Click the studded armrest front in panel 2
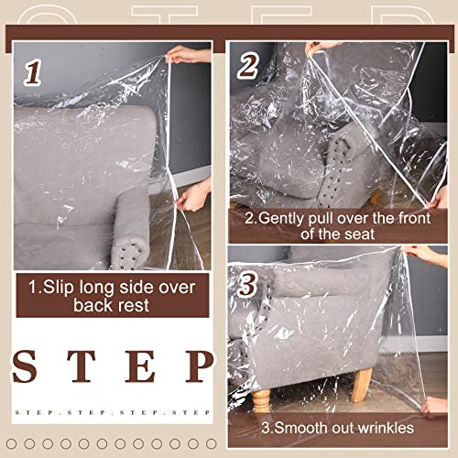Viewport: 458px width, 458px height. tap(339, 159)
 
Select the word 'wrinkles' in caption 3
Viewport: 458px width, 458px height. tap(384, 428)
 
